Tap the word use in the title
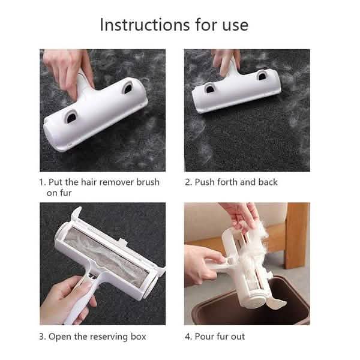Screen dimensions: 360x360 pos(233,25)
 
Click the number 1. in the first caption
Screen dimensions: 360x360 pos(43,182)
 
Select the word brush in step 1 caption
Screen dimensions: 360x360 pos(146,182)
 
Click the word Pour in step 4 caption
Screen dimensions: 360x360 pos(206,336)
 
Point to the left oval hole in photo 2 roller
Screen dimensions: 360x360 pos(210,89)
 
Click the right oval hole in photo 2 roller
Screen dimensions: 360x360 pos(262,76)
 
